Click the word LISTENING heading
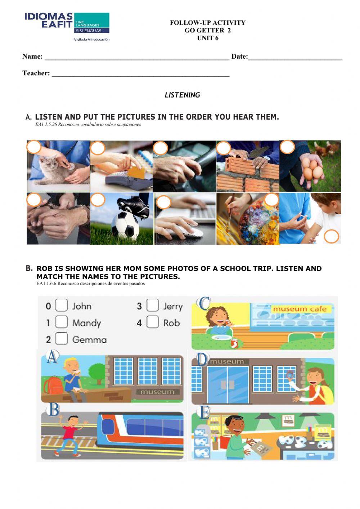(182, 95)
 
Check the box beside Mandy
(62, 322)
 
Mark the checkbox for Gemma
(62, 338)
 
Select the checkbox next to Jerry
(153, 305)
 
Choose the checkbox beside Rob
(153, 322)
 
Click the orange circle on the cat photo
(34, 147)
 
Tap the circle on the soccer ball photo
(98, 200)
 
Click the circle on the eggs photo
(287, 147)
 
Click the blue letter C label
(204, 303)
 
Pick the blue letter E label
(204, 412)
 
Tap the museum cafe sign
(300, 309)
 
